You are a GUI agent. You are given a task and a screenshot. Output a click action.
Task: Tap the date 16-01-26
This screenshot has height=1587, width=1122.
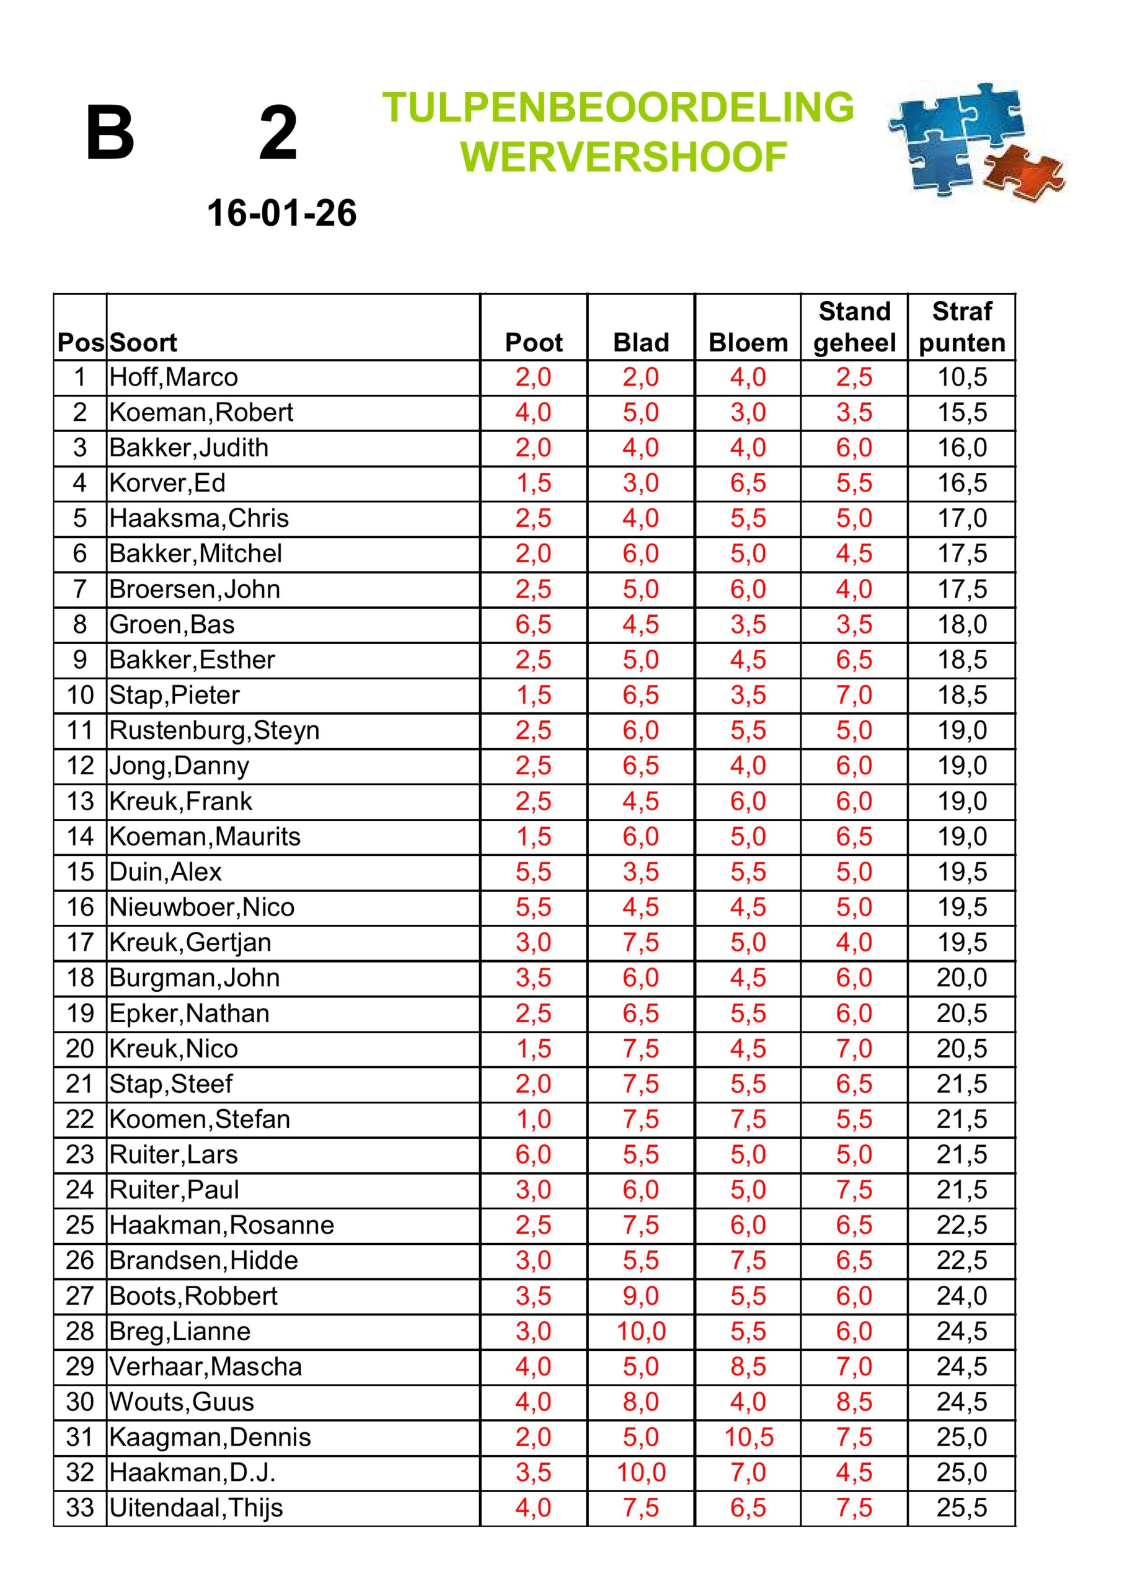(281, 213)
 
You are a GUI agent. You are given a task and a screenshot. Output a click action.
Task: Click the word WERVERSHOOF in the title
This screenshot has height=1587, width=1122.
(624, 157)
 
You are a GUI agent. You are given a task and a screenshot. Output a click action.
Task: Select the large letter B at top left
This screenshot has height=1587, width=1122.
(110, 133)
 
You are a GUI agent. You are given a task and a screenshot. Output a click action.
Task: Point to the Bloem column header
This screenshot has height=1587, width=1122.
(748, 342)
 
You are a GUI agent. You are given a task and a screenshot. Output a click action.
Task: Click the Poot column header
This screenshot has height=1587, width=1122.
(534, 342)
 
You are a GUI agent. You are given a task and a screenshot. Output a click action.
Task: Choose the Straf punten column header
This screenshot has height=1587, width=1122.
(961, 327)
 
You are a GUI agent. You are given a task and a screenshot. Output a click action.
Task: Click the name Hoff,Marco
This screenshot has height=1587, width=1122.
(174, 378)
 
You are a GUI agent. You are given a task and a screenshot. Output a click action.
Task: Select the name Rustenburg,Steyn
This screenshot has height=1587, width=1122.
(214, 731)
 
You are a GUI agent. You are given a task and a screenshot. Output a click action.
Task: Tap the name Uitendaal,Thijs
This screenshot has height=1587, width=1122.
(197, 1508)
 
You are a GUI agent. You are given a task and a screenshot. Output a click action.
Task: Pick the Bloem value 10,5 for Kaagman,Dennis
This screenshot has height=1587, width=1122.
(749, 1437)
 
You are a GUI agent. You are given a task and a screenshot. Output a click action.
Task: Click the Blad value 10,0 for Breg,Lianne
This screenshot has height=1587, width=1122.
(641, 1331)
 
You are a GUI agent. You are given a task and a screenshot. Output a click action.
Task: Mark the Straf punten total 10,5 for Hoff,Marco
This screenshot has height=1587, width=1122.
(961, 378)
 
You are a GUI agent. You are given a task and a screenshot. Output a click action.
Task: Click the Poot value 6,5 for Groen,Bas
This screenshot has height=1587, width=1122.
(534, 625)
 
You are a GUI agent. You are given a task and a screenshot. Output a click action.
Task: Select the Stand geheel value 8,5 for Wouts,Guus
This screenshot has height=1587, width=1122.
(854, 1402)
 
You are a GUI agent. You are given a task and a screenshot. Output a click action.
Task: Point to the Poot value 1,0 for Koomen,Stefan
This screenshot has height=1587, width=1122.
(534, 1119)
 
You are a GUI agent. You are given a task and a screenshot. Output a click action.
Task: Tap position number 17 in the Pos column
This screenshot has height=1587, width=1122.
(80, 943)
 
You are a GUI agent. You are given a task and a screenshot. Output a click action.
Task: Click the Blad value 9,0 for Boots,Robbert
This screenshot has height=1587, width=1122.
(641, 1296)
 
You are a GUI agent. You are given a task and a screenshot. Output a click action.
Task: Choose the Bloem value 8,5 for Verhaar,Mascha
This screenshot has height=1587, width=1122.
(749, 1366)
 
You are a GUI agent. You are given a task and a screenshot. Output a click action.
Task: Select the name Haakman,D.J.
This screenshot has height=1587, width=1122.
(192, 1472)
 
